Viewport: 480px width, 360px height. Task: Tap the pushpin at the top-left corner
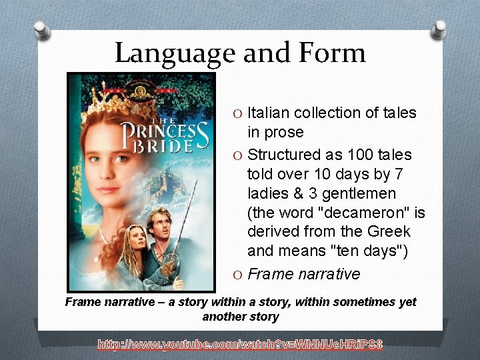(x=41, y=29)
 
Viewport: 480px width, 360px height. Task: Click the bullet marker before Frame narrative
(x=239, y=274)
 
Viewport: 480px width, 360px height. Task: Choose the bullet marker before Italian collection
(x=239, y=113)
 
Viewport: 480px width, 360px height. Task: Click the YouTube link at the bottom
(x=240, y=345)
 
